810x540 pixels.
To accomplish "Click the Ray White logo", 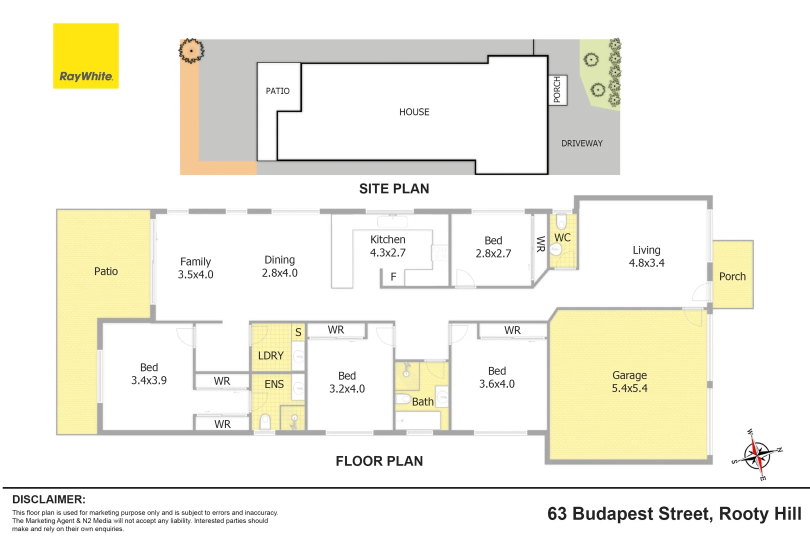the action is pyautogui.click(x=85, y=55).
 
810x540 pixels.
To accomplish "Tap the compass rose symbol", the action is pyautogui.click(x=757, y=455).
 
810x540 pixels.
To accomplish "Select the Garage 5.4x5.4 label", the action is pyautogui.click(x=629, y=381).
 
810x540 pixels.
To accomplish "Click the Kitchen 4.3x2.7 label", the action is pyautogui.click(x=387, y=246).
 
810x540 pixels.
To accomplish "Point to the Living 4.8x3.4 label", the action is pyautogui.click(x=646, y=256).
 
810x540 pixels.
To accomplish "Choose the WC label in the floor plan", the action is pyautogui.click(x=562, y=237).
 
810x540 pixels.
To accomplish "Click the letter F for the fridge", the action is pyautogui.click(x=393, y=276).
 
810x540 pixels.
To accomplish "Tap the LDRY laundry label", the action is pyautogui.click(x=271, y=355).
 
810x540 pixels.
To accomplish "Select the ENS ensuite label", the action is pyautogui.click(x=273, y=384).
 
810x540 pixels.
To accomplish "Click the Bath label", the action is pyautogui.click(x=422, y=401).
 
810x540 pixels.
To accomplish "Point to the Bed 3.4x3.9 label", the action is pyautogui.click(x=148, y=373).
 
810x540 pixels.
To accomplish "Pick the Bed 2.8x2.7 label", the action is pyautogui.click(x=493, y=246).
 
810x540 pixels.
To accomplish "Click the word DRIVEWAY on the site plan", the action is pyautogui.click(x=582, y=143).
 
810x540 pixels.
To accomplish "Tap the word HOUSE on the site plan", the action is pyautogui.click(x=414, y=112).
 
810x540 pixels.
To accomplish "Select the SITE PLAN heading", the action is pyautogui.click(x=394, y=188).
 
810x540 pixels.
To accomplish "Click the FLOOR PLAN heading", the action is pyautogui.click(x=379, y=461).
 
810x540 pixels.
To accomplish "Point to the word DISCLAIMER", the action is pyautogui.click(x=49, y=499).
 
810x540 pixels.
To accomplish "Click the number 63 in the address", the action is pyautogui.click(x=557, y=513).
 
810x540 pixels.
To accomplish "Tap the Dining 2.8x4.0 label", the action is pyautogui.click(x=279, y=266).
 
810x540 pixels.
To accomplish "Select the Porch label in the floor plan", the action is pyautogui.click(x=732, y=276).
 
